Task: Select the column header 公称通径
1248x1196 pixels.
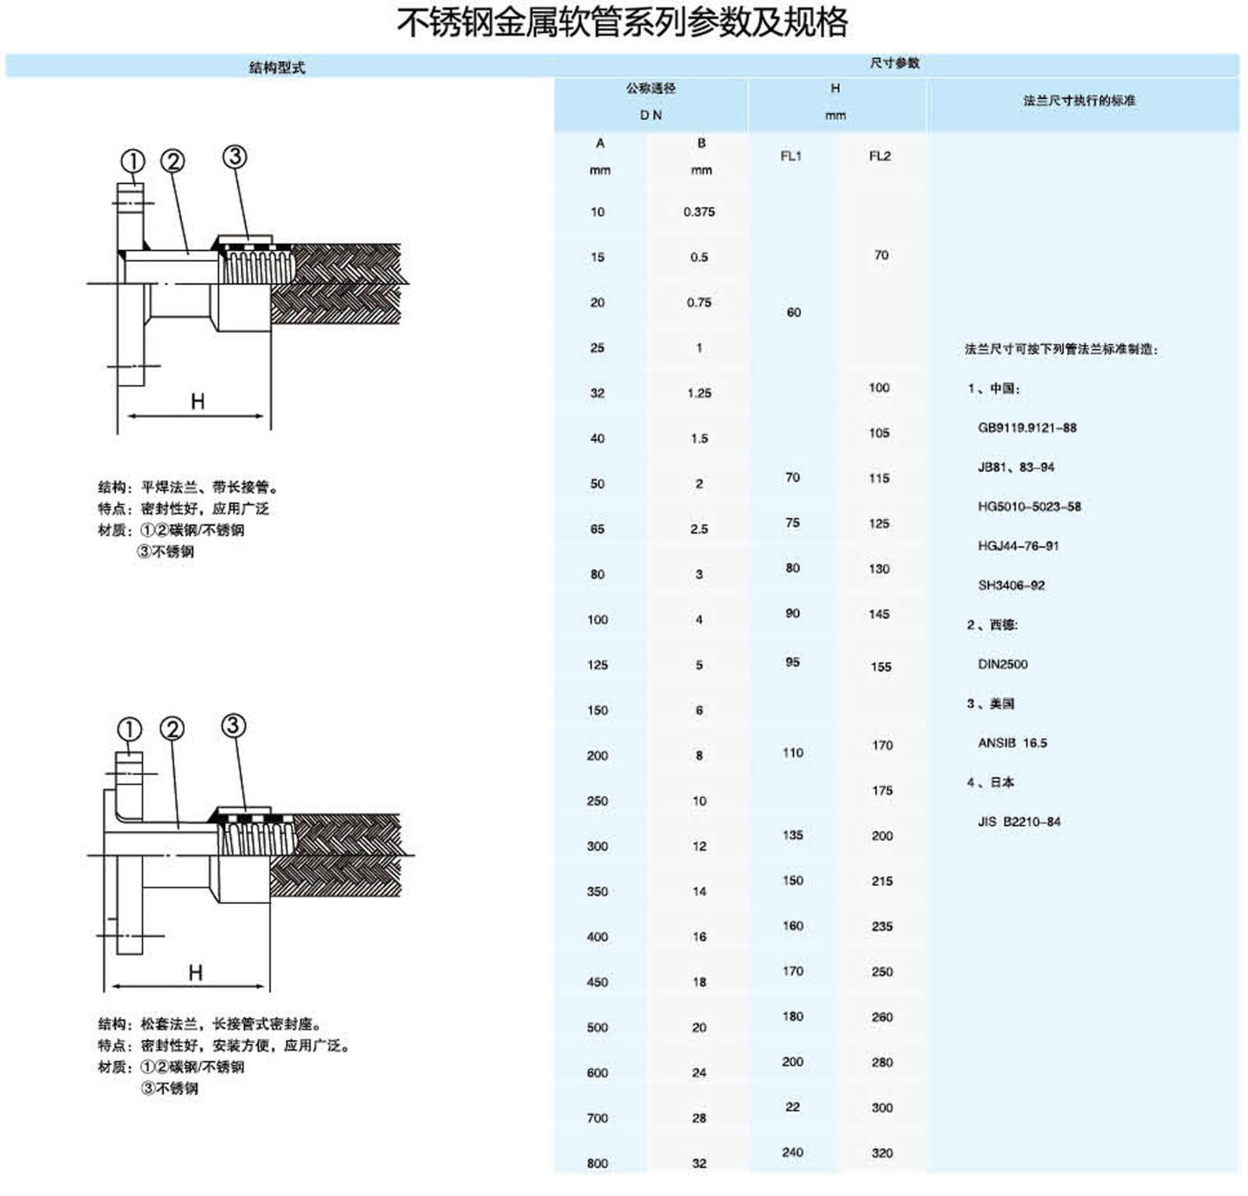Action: pyautogui.click(x=651, y=89)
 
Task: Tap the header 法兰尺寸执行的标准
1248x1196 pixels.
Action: pyautogui.click(x=1080, y=101)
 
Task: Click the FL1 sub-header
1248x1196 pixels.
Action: pyautogui.click(x=791, y=156)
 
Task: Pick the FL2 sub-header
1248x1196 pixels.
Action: pyautogui.click(x=880, y=156)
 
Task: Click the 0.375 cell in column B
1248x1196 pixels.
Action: pyautogui.click(x=699, y=212)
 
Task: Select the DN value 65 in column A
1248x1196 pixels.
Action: pyautogui.click(x=597, y=529)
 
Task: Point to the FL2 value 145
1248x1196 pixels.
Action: pyautogui.click(x=879, y=614)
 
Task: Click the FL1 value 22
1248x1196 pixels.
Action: pyautogui.click(x=792, y=1107)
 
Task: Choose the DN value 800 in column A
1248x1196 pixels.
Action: pyautogui.click(x=597, y=1163)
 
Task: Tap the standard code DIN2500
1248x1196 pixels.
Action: pyautogui.click(x=1003, y=664)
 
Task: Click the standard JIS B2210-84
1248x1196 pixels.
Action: pyautogui.click(x=1019, y=822)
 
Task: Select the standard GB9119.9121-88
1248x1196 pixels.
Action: pyautogui.click(x=1027, y=428)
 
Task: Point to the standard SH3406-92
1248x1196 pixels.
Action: pyautogui.click(x=1012, y=585)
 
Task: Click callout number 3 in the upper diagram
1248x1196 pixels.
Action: pyautogui.click(x=235, y=157)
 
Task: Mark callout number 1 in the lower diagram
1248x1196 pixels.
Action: pyautogui.click(x=129, y=729)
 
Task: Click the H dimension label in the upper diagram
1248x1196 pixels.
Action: pyautogui.click(x=198, y=401)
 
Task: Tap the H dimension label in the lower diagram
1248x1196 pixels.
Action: pyautogui.click(x=195, y=972)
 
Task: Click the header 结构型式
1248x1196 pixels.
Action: pyautogui.click(x=277, y=68)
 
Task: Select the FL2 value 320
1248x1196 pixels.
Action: pyautogui.click(x=882, y=1152)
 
